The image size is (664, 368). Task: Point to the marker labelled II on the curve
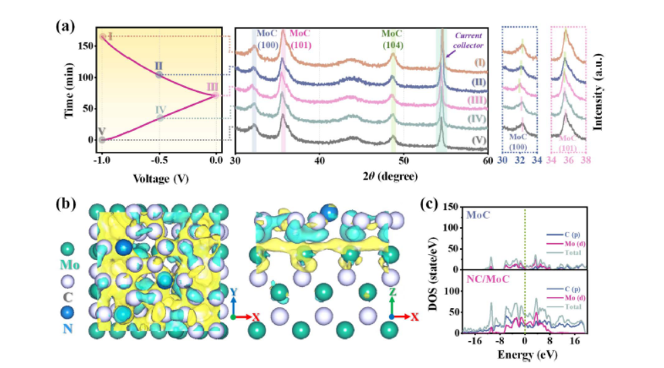pos(159,74)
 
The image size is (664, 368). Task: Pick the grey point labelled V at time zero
pos(102,140)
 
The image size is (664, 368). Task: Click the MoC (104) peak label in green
pos(392,38)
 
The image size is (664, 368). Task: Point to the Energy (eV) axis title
pos(524,354)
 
